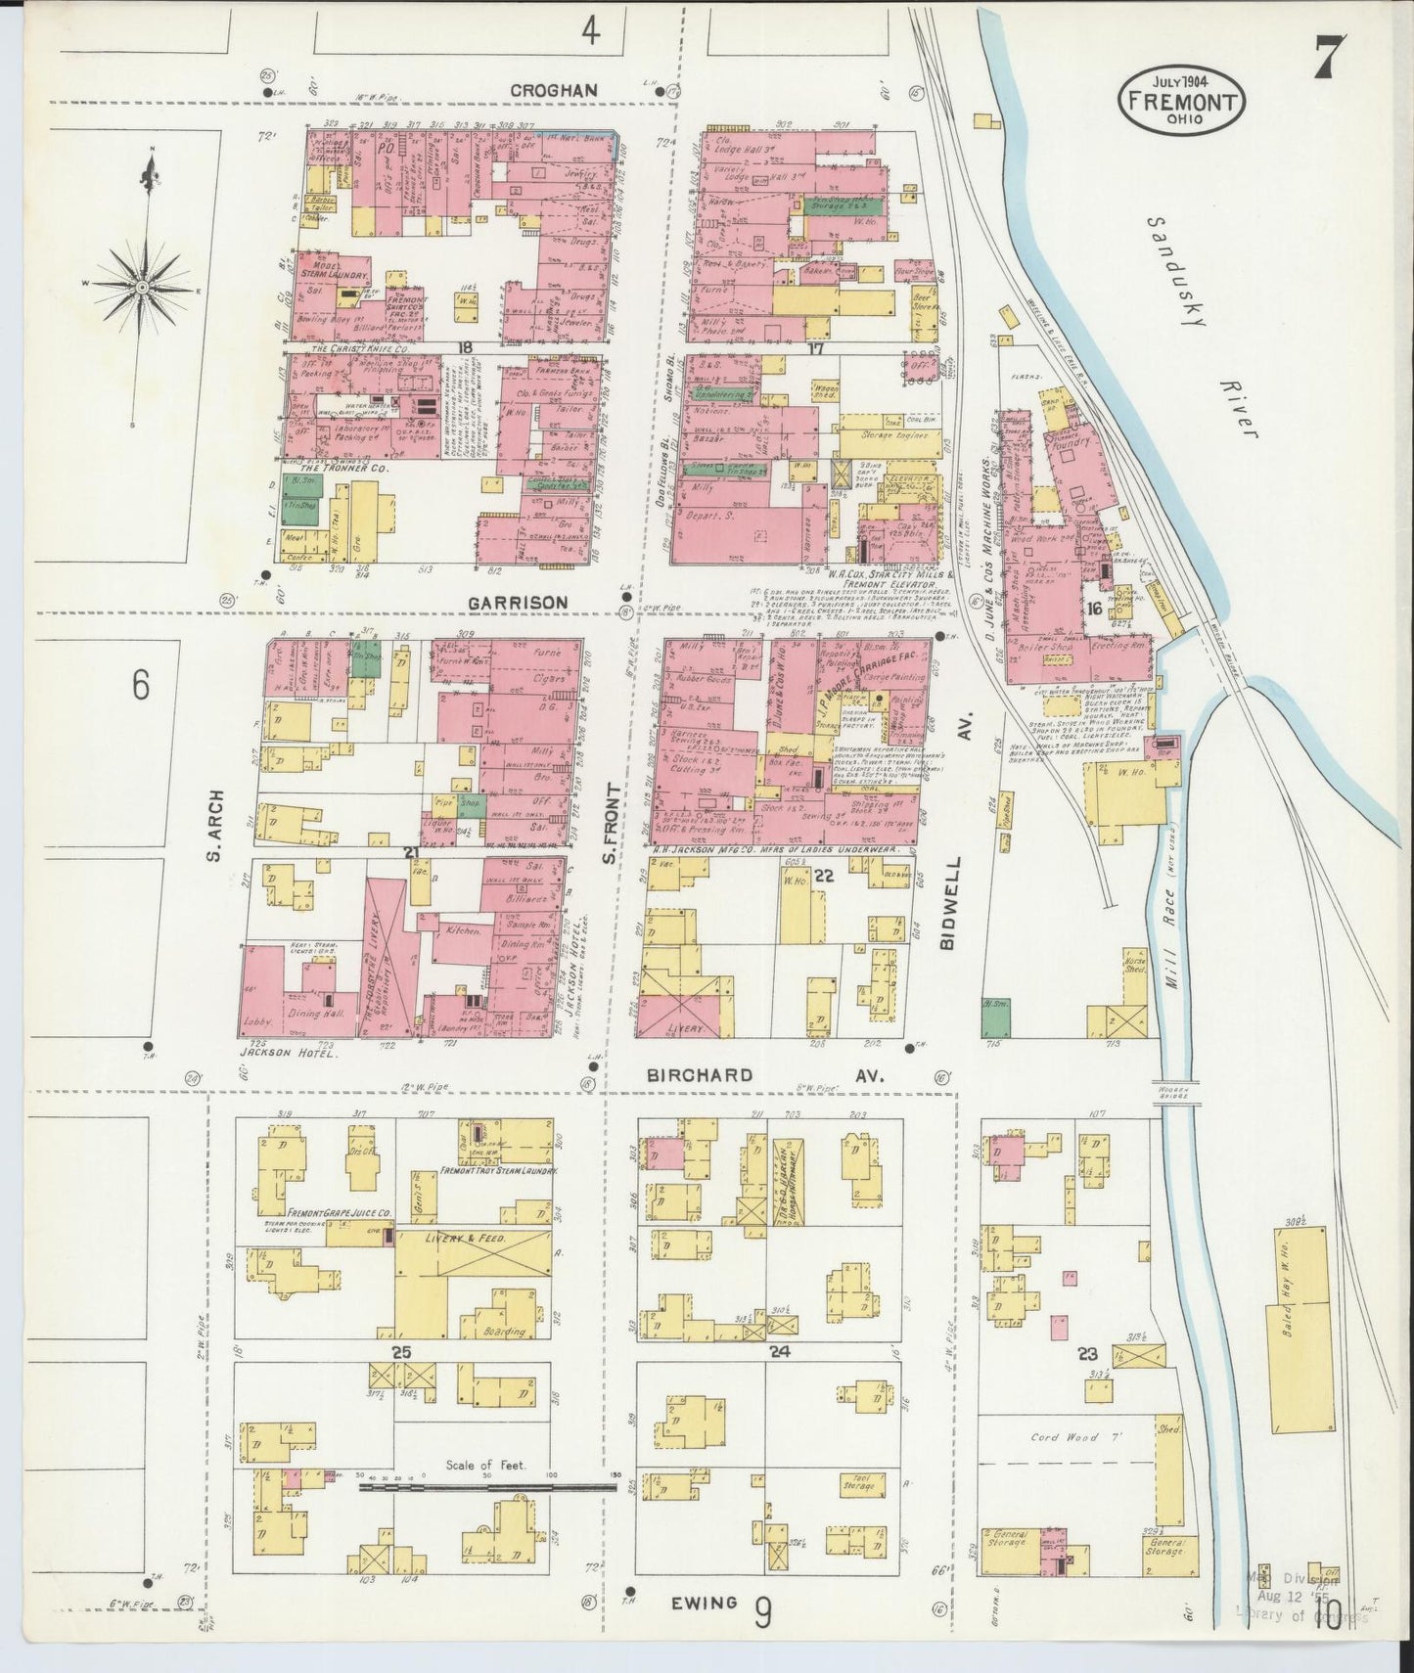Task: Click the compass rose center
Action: [143, 287]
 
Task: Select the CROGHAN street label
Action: [553, 90]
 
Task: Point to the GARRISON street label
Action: [519, 602]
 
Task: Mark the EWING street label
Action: [705, 1603]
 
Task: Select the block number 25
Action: [400, 1354]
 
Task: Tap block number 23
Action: [1088, 1354]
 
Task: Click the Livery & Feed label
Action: [466, 1239]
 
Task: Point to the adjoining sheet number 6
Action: [141, 687]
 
